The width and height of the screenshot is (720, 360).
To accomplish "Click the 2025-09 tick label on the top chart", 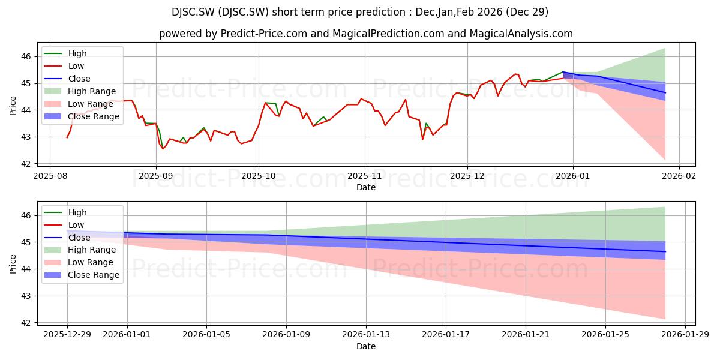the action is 155,176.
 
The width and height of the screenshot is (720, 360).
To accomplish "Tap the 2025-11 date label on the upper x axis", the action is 365,176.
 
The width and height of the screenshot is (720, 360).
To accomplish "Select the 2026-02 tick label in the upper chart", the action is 679,176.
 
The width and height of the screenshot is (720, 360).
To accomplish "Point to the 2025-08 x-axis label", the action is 50,176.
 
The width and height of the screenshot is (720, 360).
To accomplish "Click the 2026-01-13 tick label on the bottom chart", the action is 366,335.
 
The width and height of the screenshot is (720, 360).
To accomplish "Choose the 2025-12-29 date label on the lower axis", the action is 67,335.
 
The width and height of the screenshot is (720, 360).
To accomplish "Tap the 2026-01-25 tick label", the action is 605,335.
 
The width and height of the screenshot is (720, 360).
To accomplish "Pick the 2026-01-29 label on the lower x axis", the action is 685,335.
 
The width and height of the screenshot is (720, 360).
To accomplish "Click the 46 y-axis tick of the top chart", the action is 26,57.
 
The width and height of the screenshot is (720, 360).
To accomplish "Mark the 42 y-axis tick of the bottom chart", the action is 26,323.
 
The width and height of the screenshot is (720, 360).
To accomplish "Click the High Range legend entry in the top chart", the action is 80,91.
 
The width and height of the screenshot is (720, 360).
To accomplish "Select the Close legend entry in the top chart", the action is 67,79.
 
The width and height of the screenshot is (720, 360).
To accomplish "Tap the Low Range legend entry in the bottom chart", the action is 79,262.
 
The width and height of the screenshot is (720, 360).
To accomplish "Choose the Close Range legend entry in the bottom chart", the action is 82,275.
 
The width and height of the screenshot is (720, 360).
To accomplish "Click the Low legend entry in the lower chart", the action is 64,225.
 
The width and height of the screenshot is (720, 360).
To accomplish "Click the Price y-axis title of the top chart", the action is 13,106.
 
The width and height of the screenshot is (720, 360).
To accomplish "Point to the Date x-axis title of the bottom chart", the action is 366,346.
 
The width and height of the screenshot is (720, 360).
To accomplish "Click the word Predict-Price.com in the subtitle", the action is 263,34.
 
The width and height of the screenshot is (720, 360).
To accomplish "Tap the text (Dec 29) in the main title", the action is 527,12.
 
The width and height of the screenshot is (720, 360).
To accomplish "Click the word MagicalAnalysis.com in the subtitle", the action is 521,34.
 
